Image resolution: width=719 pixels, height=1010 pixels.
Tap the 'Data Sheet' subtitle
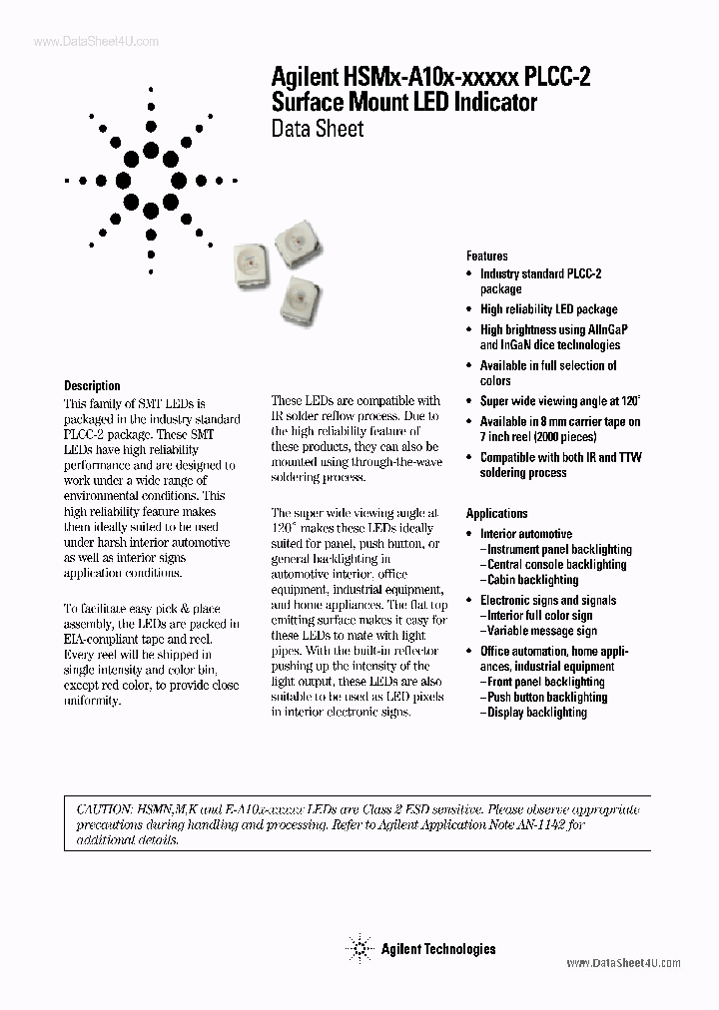click(318, 128)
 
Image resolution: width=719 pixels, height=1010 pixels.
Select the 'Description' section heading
click(92, 385)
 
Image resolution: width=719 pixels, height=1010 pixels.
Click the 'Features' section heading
click(486, 255)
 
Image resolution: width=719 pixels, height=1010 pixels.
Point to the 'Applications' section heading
click(496, 513)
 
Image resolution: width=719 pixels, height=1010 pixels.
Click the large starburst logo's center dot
click(151, 180)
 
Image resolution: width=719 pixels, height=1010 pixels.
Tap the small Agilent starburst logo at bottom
click(358, 948)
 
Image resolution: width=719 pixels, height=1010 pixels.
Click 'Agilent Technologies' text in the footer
click(437, 949)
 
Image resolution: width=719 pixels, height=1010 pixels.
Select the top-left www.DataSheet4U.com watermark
click(82, 41)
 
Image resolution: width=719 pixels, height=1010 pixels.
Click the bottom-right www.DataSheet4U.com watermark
click(623, 963)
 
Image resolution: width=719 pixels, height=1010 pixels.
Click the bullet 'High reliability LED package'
click(548, 309)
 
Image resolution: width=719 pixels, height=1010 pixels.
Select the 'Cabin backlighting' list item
click(532, 580)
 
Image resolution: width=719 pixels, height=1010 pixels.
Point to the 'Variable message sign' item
click(541, 631)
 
